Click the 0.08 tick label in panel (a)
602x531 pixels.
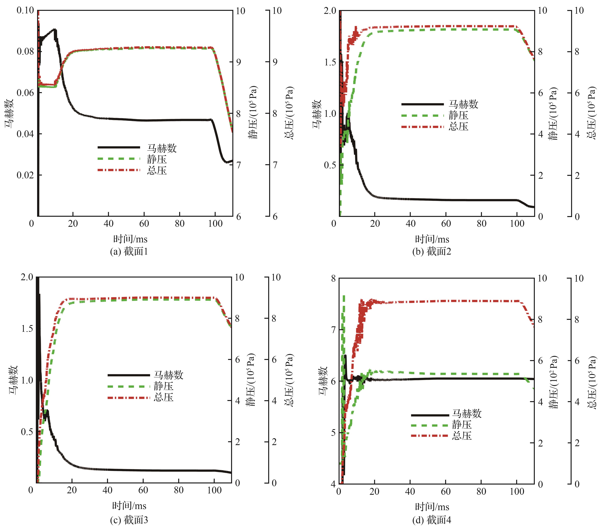point(25,52)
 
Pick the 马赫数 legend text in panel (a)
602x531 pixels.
point(162,148)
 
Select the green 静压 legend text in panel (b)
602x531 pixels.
point(458,115)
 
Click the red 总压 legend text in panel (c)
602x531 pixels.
point(163,397)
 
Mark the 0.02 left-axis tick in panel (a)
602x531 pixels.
point(25,175)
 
